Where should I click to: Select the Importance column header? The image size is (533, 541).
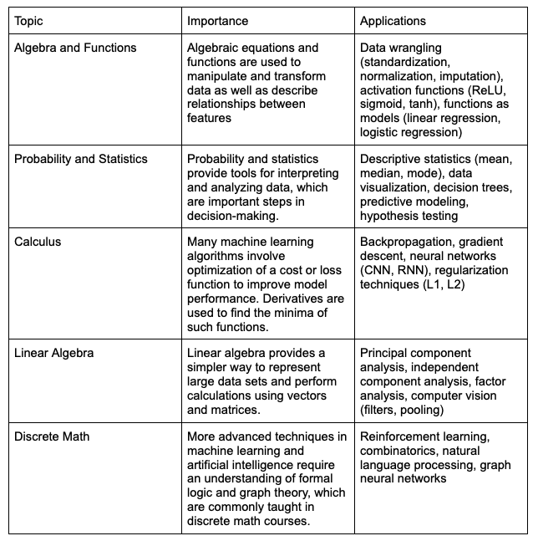217,20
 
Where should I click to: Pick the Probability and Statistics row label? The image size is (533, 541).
81,159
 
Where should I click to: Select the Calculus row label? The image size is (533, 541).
38,242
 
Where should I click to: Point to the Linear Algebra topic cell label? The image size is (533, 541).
54,353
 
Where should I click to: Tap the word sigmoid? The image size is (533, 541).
382,105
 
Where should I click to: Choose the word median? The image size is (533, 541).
381,173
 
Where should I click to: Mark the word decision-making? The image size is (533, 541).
236,215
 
